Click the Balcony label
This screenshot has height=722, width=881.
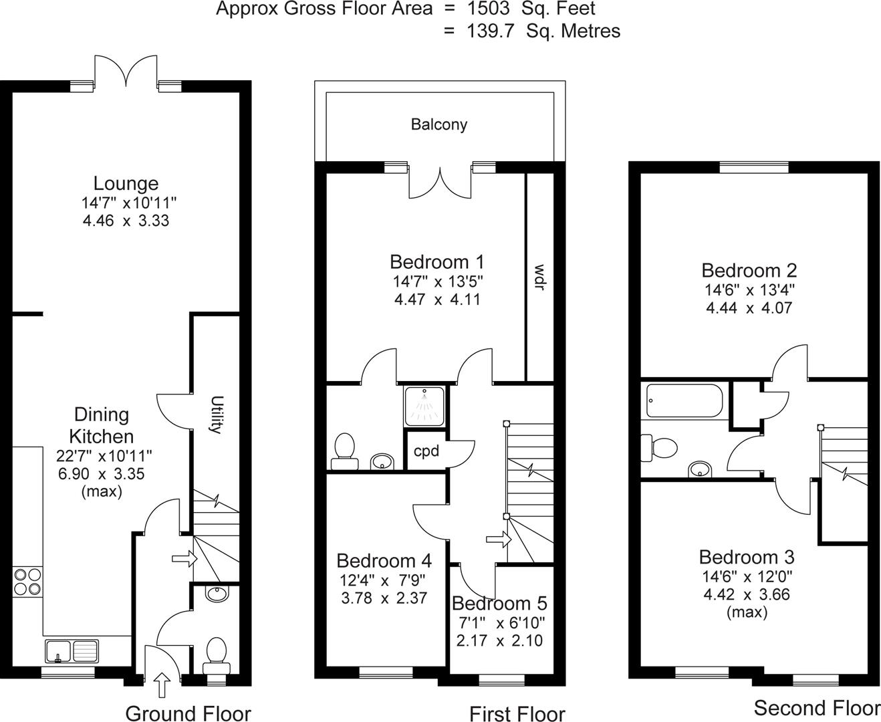pos(438,124)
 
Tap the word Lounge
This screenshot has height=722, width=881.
pos(126,183)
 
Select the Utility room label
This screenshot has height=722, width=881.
pos(215,414)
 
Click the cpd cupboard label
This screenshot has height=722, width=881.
pos(426,451)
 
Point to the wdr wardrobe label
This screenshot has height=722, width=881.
pos(539,277)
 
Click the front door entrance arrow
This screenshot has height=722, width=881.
pos(162,685)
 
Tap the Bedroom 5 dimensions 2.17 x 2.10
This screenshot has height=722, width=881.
pos(499,640)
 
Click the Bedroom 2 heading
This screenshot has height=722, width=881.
pos(749,270)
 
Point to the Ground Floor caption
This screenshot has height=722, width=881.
pos(188,713)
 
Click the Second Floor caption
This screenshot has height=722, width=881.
pos(817,707)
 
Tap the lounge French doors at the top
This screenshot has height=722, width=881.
pos(126,72)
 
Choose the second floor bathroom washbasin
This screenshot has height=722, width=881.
pos(699,469)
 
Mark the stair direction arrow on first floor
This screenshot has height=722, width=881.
pos(495,539)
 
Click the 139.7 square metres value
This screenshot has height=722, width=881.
pos(490,31)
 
